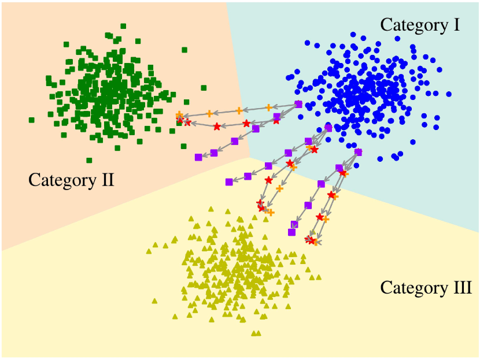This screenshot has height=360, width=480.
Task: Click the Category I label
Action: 420,25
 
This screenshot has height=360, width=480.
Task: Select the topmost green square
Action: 124,26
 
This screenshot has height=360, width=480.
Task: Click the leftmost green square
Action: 31,120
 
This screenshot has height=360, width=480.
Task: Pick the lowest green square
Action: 89,160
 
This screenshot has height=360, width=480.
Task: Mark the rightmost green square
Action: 204,88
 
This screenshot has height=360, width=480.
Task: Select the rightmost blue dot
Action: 449,94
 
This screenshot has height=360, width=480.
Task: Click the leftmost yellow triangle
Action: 149,251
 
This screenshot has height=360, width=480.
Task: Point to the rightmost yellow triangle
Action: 319,277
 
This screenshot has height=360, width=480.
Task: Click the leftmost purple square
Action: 198,157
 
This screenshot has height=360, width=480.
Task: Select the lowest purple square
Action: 292,232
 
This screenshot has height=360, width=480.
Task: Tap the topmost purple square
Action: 298,104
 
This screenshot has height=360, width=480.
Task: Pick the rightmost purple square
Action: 358,152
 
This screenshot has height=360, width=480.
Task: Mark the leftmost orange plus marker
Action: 179,114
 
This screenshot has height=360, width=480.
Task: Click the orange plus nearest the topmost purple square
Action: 268,107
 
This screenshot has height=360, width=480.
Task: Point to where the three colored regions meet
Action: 249,157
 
